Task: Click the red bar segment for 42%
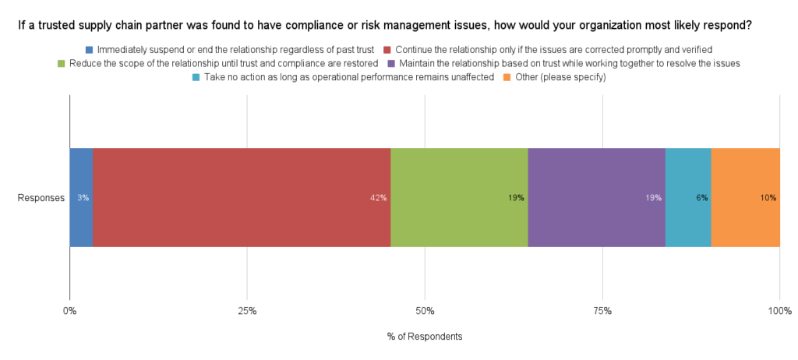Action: tap(242, 198)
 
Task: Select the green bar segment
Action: tap(459, 198)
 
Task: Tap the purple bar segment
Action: tap(596, 198)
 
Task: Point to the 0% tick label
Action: tap(70, 312)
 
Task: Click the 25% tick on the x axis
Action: tap(247, 312)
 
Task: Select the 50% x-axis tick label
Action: tap(425, 312)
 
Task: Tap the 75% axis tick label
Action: tap(602, 312)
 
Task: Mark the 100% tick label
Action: tap(779, 312)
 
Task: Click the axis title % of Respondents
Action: tap(425, 337)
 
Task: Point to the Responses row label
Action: tap(41, 198)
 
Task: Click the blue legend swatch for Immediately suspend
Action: tap(90, 49)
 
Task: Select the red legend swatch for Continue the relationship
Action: tap(387, 49)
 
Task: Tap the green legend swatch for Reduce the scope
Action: tap(62, 62)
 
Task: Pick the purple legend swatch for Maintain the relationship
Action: tap(391, 62)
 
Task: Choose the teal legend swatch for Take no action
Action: tap(196, 77)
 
